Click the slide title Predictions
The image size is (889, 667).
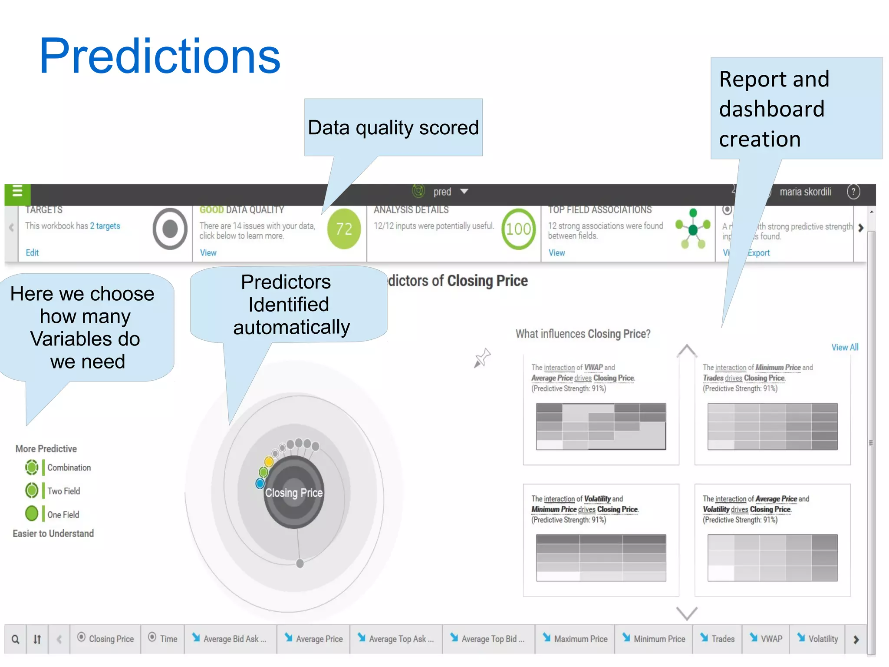pos(160,56)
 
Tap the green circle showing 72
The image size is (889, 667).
pos(344,229)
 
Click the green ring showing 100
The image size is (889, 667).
pos(518,229)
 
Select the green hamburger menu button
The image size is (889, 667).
pos(17,192)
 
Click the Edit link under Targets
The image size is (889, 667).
pos(32,252)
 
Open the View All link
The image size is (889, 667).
pos(844,347)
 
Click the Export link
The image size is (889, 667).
pos(758,253)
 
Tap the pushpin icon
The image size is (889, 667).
pos(482,358)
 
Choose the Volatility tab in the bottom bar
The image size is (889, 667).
pos(817,639)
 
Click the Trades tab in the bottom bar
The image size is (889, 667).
pos(718,639)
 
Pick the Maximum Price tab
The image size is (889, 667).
pos(575,639)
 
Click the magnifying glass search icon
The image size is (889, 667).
pos(15,639)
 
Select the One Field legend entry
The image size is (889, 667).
pos(63,514)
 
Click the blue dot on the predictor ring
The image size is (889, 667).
pos(260,483)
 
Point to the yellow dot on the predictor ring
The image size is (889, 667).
pos(269,461)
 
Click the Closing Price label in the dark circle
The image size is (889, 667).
pos(294,493)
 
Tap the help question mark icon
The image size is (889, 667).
pos(853,192)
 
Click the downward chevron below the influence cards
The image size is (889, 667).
pos(687,613)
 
